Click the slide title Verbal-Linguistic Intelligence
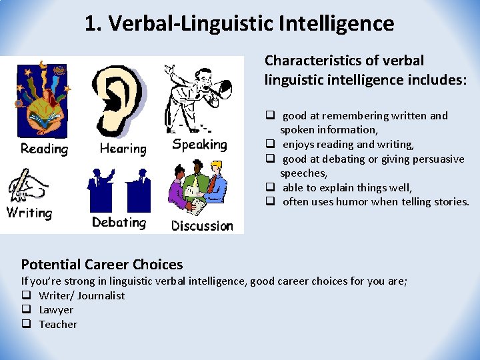[x=239, y=24]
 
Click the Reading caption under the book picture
[x=44, y=149]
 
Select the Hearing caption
[x=123, y=149]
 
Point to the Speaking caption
[x=199, y=145]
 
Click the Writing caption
[x=29, y=213]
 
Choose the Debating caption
[x=119, y=222]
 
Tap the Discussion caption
[x=202, y=226]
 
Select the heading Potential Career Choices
[x=102, y=265]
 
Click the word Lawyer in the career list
[x=56, y=310]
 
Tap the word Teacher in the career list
[x=58, y=325]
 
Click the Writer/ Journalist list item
[x=81, y=296]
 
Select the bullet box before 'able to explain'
[x=271, y=187]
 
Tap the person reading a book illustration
[x=41, y=100]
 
